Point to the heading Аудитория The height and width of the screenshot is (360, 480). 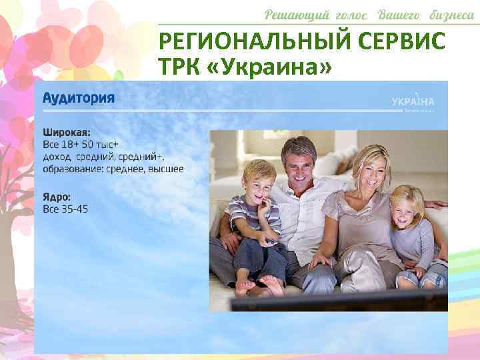pos(79,97)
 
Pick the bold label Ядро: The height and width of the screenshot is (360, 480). pos(57,197)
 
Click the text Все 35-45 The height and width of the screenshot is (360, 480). pos(65,209)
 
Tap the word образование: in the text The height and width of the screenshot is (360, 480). pos(73,168)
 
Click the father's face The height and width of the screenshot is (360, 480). pos(299,162)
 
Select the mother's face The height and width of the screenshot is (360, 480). pos(369,173)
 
